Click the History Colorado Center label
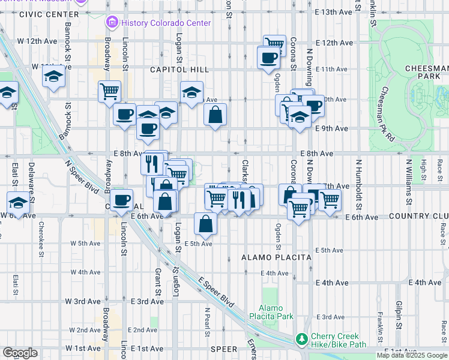[166, 23]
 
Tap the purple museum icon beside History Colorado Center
[112, 23]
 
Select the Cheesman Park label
[426, 73]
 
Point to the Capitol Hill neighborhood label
[179, 70]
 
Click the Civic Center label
[49, 14]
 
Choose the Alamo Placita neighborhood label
[276, 257]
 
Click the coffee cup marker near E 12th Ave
[268, 58]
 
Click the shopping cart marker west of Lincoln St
[109, 91]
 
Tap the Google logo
[20, 353]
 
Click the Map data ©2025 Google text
[412, 355]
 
